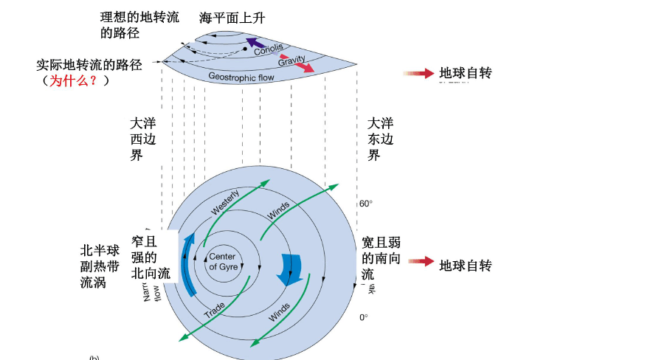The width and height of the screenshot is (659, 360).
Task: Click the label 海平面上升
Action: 232,18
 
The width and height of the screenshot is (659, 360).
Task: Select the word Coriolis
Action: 268,49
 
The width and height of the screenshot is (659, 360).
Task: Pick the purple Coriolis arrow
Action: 256,43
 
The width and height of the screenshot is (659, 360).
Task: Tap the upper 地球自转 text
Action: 465,73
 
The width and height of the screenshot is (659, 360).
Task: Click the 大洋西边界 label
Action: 142,139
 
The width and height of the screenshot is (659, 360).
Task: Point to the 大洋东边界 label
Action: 380,139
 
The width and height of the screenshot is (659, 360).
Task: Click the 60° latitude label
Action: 366,204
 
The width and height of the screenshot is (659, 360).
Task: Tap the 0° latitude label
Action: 363,317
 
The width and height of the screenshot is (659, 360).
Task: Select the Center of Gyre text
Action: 223,262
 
